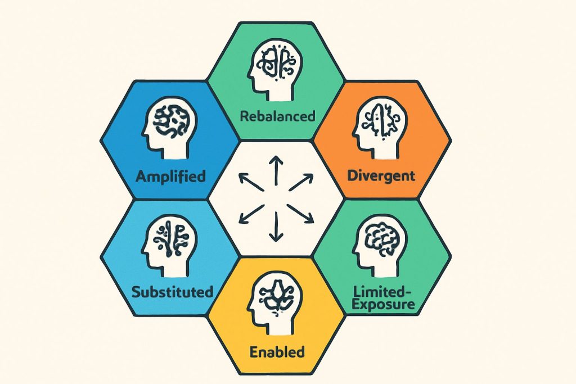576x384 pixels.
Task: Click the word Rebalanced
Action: point(278,116)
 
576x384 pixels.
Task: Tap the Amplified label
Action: point(170,176)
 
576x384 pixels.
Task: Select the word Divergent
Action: point(381,176)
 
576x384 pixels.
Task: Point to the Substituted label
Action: point(172,292)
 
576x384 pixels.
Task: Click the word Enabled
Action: point(277,352)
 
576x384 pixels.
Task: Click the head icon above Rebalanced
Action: point(275,70)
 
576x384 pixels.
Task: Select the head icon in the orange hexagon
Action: point(380,128)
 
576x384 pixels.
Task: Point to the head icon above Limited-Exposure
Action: point(380,246)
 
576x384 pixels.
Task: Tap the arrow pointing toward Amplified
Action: point(251,182)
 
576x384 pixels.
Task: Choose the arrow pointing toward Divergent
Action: point(301,183)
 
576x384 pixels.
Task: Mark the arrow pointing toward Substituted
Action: point(251,214)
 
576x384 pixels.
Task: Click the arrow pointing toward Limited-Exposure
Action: point(300,214)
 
